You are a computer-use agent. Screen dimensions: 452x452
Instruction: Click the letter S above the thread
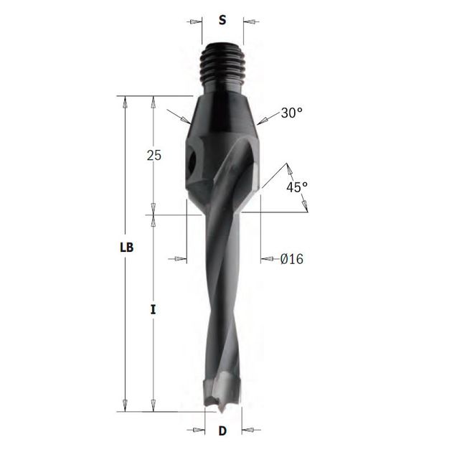(x=222, y=20)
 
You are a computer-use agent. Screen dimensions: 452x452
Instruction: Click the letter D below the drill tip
(x=222, y=431)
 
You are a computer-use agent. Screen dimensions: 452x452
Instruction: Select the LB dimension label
(x=127, y=248)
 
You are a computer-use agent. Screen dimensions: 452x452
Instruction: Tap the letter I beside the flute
(x=154, y=310)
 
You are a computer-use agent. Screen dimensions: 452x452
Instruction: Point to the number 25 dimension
(x=154, y=156)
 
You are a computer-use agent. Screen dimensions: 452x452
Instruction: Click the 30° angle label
(x=292, y=113)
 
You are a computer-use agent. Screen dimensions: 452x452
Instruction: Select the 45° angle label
(x=297, y=187)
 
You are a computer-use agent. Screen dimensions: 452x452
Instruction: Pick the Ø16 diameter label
(x=292, y=259)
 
